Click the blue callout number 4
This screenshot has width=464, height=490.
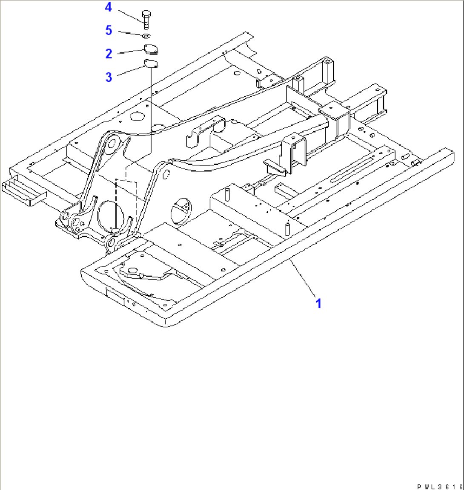[x=109, y=7]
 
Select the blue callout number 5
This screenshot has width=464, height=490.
[x=109, y=30]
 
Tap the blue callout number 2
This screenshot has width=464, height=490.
[x=109, y=54]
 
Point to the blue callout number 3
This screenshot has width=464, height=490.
[x=109, y=77]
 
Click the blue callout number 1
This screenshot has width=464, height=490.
[x=318, y=304]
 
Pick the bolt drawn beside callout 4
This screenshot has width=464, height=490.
[x=146, y=19]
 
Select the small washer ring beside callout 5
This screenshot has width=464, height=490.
[x=146, y=36]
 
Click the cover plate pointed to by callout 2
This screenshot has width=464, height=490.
[x=151, y=49]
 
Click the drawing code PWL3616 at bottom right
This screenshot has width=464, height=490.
[x=440, y=486]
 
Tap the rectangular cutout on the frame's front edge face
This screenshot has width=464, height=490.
[x=115, y=293]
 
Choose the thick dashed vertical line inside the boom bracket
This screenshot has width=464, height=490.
[x=116, y=205]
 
